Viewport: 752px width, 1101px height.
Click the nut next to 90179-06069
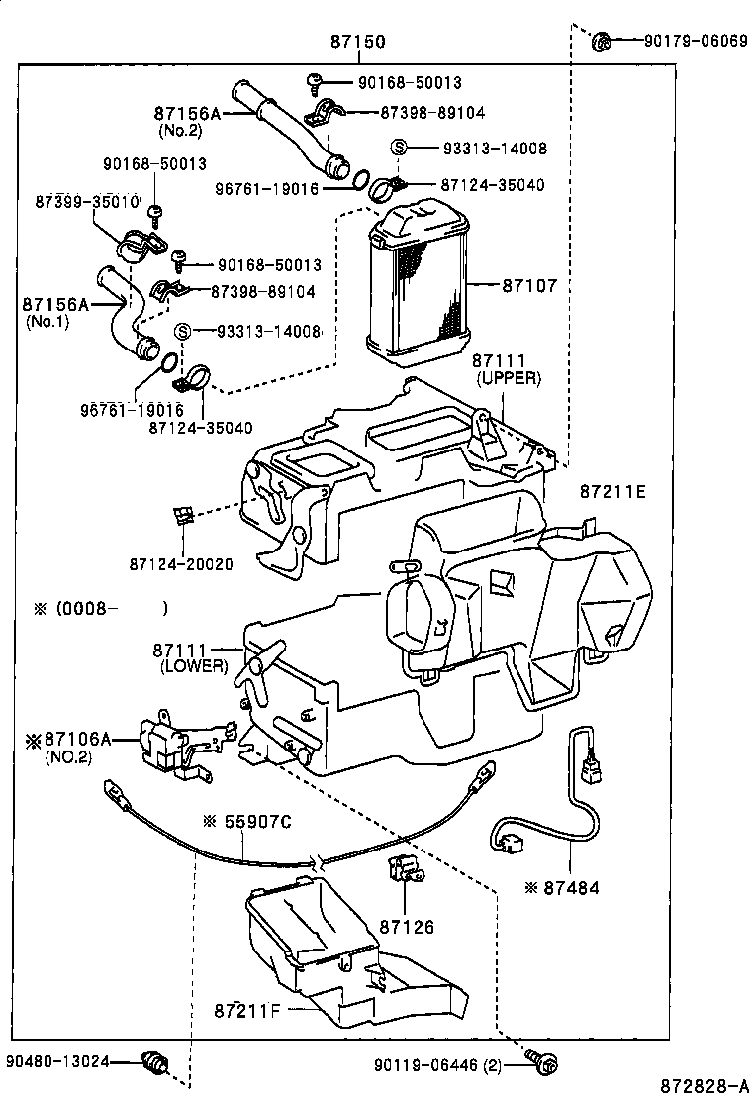coord(600,43)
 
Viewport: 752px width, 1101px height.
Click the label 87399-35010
coord(86,201)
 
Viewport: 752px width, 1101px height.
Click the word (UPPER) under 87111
coord(508,379)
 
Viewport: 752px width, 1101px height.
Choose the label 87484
coord(570,888)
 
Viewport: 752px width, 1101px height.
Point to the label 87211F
coord(247,1011)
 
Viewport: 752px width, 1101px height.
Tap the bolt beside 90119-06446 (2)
coord(540,1063)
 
